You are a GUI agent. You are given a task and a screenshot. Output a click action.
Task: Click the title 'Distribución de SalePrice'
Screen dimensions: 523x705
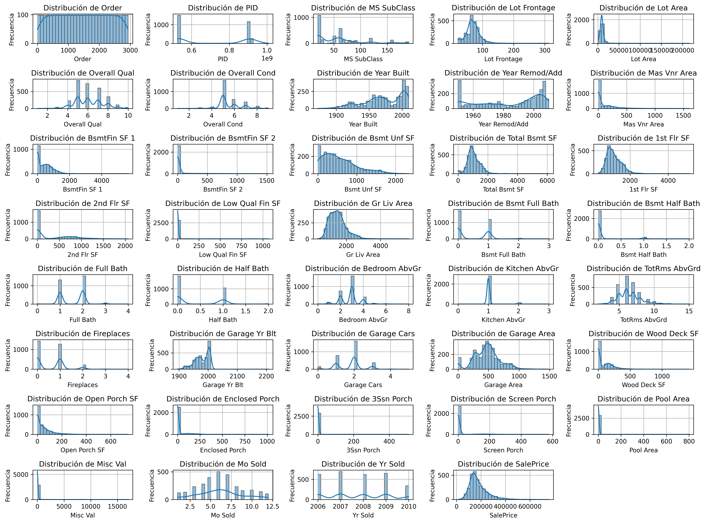(503, 464)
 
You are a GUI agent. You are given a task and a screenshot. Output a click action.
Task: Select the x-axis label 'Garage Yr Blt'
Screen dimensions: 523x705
(223, 385)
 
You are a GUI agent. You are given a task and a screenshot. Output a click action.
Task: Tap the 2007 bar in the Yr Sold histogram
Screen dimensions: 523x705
(340, 486)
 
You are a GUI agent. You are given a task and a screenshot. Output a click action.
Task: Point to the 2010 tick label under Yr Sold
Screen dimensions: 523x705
(409, 507)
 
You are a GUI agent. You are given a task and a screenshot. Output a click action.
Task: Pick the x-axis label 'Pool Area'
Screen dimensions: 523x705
(643, 450)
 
